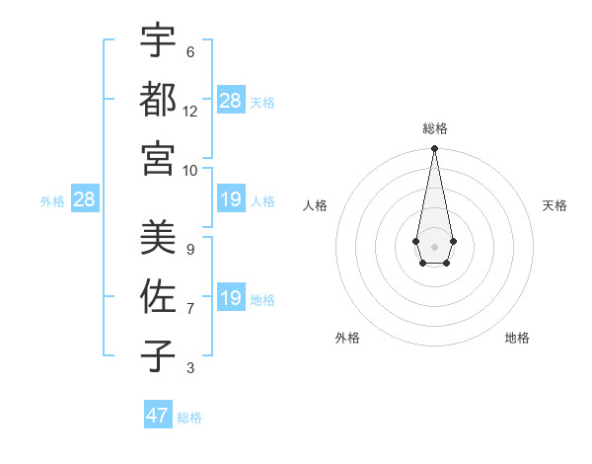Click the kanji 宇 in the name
tap(158, 41)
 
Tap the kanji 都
tap(158, 99)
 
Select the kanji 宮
tap(158, 156)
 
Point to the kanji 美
tap(158, 237)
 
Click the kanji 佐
tap(158, 296)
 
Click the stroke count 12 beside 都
tap(190, 111)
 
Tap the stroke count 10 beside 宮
tap(190, 169)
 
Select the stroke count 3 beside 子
tap(190, 368)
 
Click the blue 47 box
tap(158, 416)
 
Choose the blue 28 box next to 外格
tap(84, 200)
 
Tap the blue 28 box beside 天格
tap(231, 101)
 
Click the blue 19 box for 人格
tap(231, 200)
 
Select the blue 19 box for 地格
tap(231, 298)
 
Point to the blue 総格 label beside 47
tap(189, 418)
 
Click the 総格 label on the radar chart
tap(434, 128)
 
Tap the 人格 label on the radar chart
tap(316, 205)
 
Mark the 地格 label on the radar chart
tap(517, 338)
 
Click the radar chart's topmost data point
tap(434, 149)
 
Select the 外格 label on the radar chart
tap(347, 338)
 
